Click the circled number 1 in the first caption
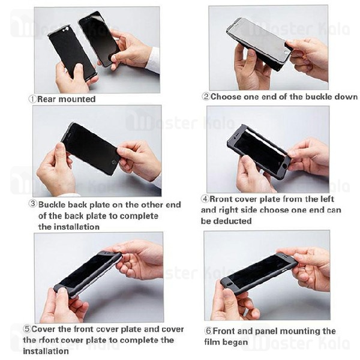[32, 99]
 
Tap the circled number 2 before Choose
[206, 97]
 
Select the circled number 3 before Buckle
[33, 204]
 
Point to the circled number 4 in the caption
[205, 199]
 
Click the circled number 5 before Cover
[27, 329]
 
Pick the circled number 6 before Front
[209, 331]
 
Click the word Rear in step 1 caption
[47, 99]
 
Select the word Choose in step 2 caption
[227, 97]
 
